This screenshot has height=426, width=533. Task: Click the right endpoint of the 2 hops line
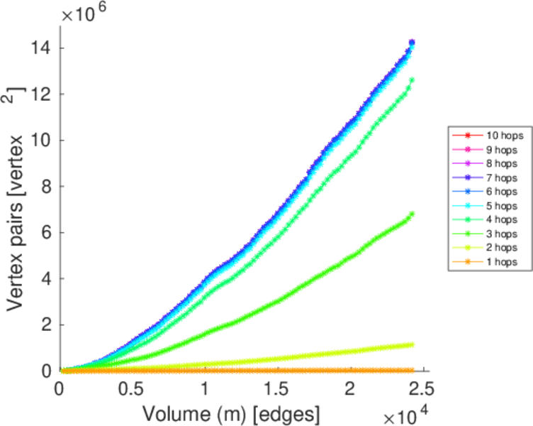[412, 344]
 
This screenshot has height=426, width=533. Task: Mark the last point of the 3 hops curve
[412, 214]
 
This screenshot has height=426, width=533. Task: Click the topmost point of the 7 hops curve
[412, 43]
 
